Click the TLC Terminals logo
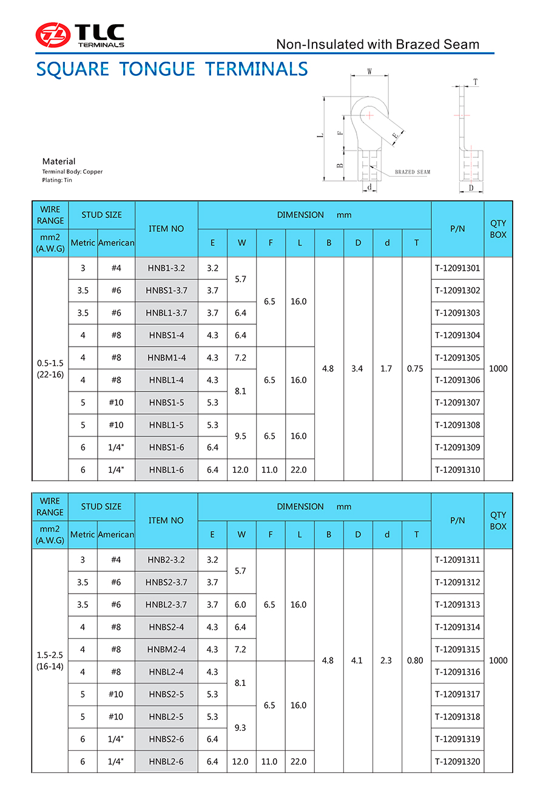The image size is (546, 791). pos(79,35)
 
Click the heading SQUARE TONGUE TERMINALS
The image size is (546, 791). pos(172,69)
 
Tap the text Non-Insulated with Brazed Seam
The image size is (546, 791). pos(377,44)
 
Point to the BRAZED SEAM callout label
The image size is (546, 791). pos(413,172)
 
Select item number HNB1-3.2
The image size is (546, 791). pos(166,268)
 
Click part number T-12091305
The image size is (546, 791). pos(457,358)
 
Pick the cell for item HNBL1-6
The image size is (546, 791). pos(166,470)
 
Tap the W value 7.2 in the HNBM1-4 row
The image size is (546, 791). pos(241,358)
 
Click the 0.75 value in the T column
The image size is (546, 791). pos(416,368)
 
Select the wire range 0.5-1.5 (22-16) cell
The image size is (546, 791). pos(50,368)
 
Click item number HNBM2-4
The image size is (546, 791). pos(166,650)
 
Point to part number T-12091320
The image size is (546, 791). pos(457,762)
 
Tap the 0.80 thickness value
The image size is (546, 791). pos(416,660)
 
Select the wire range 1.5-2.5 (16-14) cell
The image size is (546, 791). pos(50,660)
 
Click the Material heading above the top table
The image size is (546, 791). pos(59,161)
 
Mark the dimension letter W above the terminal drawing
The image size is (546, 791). pos(369,72)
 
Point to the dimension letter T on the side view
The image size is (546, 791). pos(475,81)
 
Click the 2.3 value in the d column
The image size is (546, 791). pos(386,660)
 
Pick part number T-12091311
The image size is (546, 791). pos(457,560)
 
